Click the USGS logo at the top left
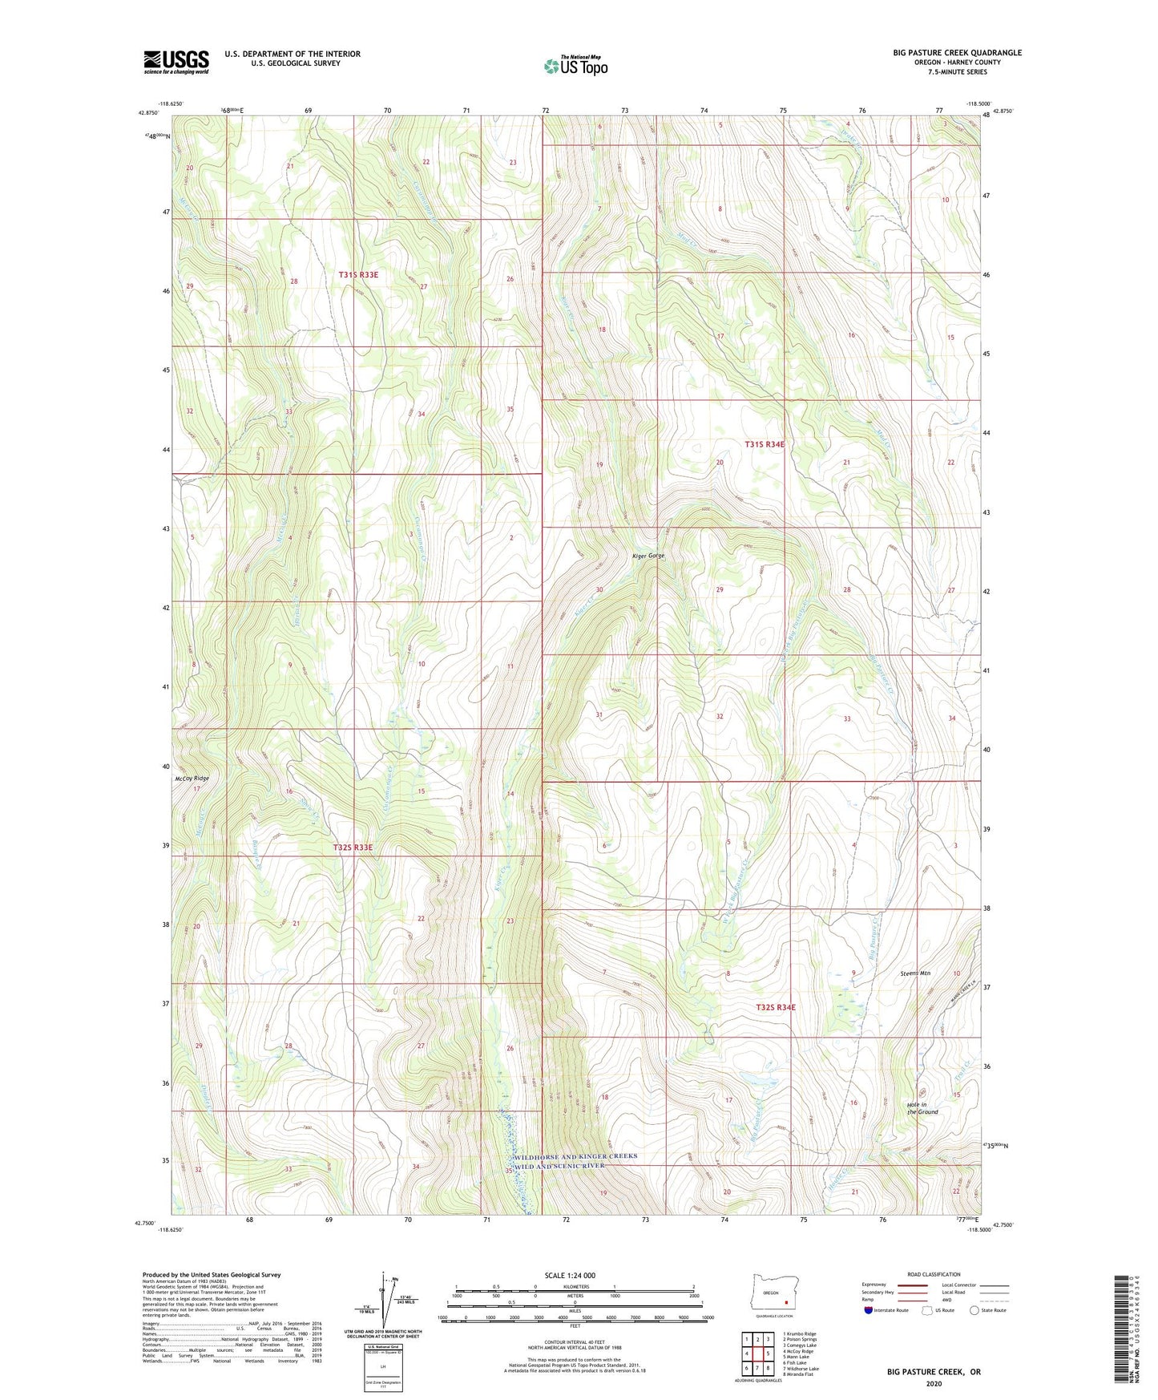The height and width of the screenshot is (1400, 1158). point(176,62)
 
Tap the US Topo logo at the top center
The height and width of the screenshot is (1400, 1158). point(575,66)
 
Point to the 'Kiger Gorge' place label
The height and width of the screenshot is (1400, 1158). point(648,556)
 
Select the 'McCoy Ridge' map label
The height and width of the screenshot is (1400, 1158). point(192,779)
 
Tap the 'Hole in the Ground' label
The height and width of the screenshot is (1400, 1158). point(922,1108)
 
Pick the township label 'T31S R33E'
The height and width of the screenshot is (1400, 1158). point(357,275)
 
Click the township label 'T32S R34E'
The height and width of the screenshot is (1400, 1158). point(776,1007)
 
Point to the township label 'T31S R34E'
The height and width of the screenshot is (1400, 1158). point(765,444)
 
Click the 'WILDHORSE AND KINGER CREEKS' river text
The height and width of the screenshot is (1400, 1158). point(576,1156)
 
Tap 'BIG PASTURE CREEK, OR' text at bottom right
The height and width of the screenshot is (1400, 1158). point(933,1372)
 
